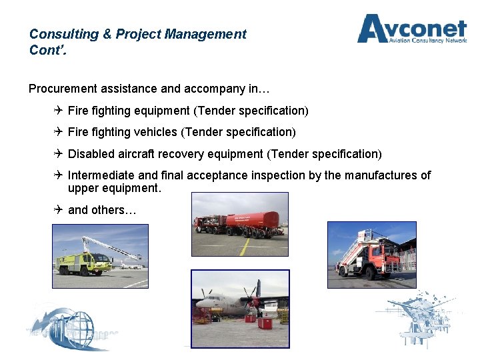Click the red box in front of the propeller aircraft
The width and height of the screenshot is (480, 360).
pyautogui.click(x=265, y=323)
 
